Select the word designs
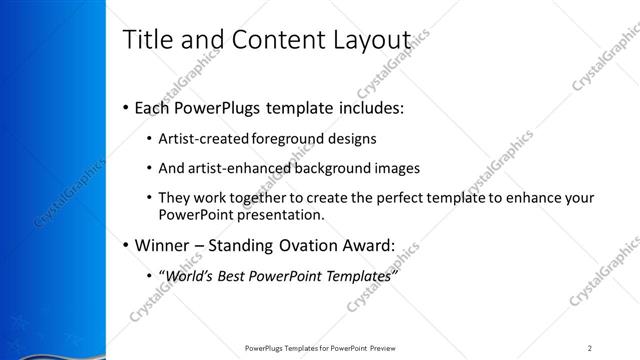pyautogui.click(x=351, y=138)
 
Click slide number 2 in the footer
pyautogui.click(x=590, y=347)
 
